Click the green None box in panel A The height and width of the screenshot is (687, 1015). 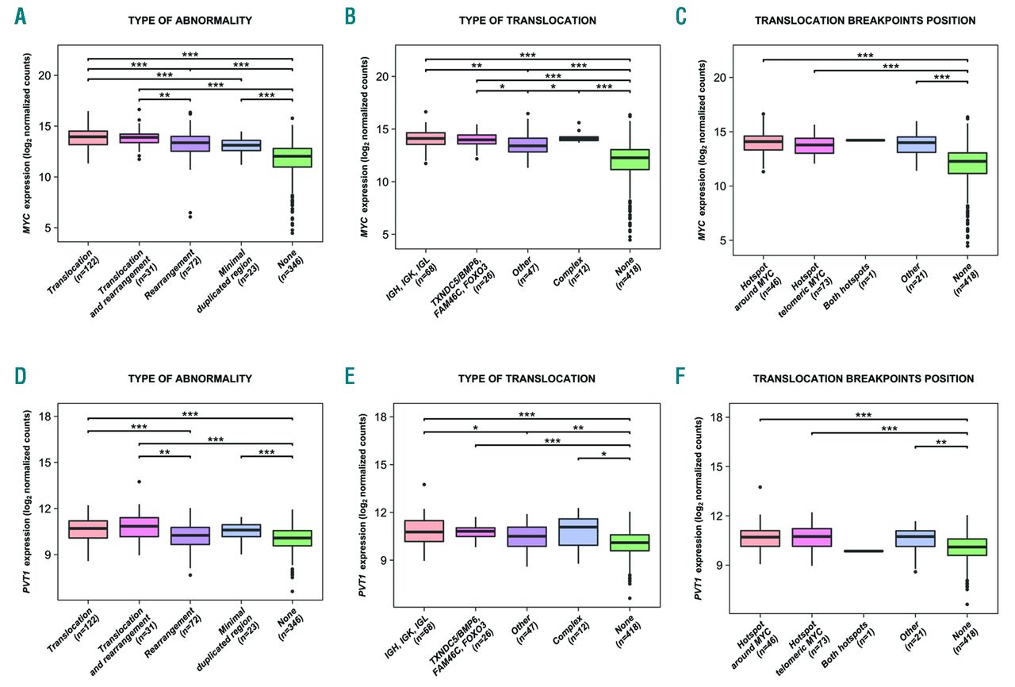point(292,157)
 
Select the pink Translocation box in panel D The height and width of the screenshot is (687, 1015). point(88,529)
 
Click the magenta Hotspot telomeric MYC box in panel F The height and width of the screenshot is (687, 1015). point(810,537)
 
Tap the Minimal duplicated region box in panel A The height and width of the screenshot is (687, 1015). point(241,145)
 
